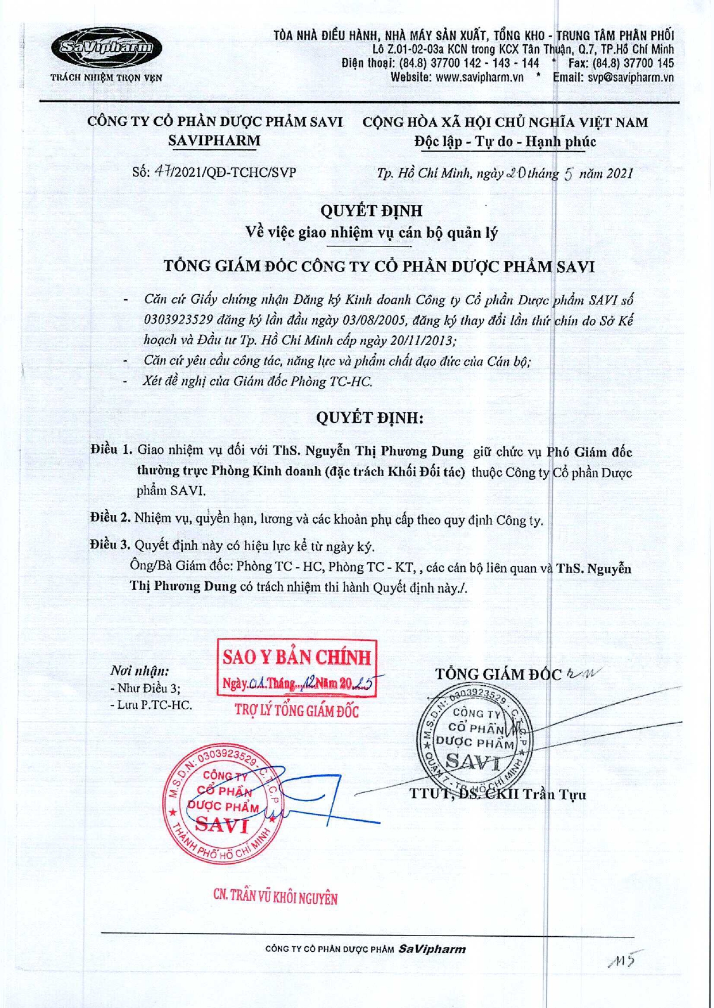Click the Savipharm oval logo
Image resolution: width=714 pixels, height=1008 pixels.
pyautogui.click(x=106, y=48)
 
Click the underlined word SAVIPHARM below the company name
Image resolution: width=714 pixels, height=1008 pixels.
pyautogui.click(x=214, y=141)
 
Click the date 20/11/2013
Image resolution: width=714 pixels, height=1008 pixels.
pyautogui.click(x=423, y=340)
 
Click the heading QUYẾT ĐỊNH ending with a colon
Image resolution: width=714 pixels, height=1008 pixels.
pyautogui.click(x=370, y=418)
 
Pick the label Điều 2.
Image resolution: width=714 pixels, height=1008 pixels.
pyautogui.click(x=110, y=518)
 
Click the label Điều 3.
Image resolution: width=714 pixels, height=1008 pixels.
pyautogui.click(x=110, y=544)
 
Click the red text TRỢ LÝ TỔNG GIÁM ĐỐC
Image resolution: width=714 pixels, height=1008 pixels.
pyautogui.click(x=297, y=711)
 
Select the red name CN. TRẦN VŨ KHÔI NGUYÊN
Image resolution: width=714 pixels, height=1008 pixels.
pyautogui.click(x=275, y=897)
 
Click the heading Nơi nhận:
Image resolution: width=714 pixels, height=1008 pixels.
pyautogui.click(x=140, y=671)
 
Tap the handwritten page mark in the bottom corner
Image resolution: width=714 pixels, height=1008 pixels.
pyautogui.click(x=624, y=959)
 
